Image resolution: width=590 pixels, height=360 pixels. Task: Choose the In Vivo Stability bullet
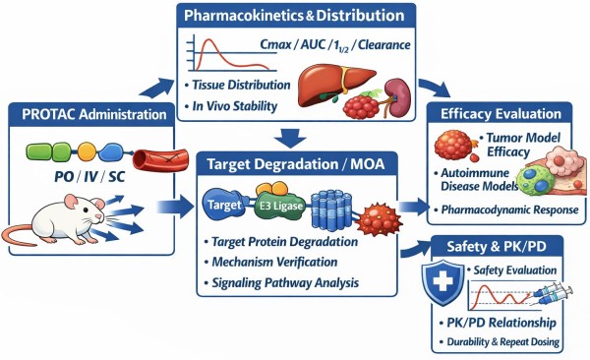[x=236, y=104]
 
